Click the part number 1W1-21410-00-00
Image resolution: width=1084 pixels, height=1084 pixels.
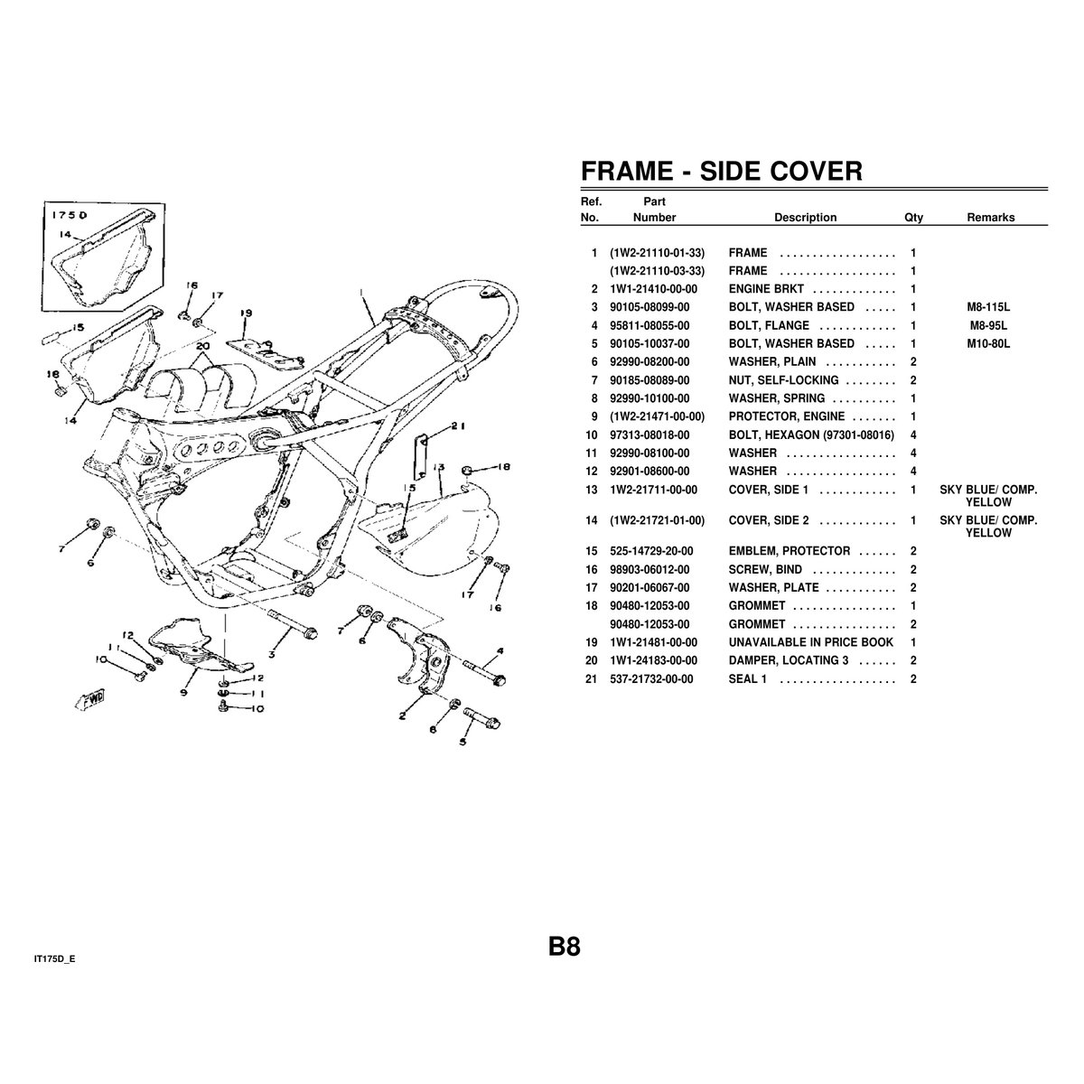click(653, 289)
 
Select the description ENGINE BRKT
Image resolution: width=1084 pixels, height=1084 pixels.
click(766, 289)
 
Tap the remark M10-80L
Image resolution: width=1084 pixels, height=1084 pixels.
click(988, 343)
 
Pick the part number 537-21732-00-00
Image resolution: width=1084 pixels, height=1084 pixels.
click(651, 679)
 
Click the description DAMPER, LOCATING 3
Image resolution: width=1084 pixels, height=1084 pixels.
click(788, 660)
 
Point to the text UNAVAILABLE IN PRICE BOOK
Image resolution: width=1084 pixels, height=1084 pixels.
click(810, 642)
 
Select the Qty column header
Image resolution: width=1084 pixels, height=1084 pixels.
click(913, 218)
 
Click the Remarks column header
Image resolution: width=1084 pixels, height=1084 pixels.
click(991, 218)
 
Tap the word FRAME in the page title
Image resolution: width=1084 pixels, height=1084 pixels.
click(627, 171)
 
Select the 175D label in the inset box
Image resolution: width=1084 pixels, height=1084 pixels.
click(70, 216)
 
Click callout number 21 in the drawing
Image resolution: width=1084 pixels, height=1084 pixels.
click(458, 426)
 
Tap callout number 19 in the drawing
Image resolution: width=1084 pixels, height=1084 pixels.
click(247, 313)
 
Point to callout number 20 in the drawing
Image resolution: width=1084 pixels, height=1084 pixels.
click(203, 345)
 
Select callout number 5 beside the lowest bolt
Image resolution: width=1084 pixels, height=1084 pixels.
click(463, 742)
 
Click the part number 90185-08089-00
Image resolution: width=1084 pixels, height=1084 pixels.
click(649, 380)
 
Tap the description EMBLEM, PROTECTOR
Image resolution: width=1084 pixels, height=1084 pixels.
click(790, 551)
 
